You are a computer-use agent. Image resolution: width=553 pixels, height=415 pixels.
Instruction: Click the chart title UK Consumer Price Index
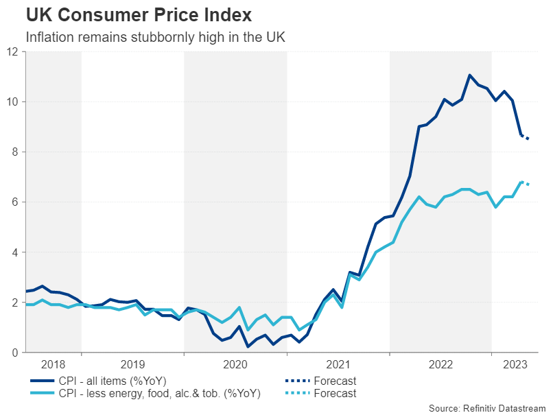point(139,14)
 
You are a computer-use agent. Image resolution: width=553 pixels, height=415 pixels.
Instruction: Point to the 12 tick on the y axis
point(12,51)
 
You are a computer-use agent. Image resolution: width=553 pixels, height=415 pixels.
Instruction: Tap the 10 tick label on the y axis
point(12,102)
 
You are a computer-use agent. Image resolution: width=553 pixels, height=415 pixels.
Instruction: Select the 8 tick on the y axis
point(15,152)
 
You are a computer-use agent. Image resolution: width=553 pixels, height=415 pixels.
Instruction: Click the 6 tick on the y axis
point(15,202)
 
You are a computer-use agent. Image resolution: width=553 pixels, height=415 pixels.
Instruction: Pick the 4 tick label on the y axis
point(15,252)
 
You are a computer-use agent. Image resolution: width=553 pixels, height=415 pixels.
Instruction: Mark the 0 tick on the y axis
point(15,352)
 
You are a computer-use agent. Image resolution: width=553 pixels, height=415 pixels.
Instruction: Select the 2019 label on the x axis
point(132,364)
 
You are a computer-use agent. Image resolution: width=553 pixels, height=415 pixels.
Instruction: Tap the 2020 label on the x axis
point(235,364)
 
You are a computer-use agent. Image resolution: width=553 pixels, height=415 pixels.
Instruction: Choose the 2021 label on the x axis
point(338,364)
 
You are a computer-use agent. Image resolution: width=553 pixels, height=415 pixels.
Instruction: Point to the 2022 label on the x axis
point(440,364)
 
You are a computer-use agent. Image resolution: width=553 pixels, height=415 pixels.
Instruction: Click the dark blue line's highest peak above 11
point(469,75)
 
